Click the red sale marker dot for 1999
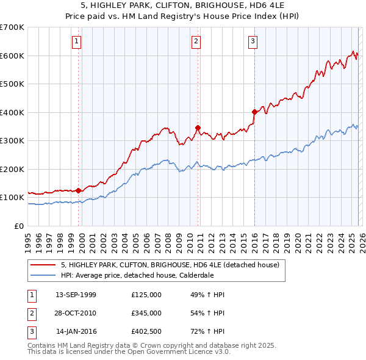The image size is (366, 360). [x=79, y=190]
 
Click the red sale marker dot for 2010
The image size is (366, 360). [x=198, y=128]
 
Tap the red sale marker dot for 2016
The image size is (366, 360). [x=254, y=112]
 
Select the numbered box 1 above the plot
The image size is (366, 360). [x=77, y=41]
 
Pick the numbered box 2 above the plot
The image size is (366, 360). [x=196, y=41]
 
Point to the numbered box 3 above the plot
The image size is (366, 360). [x=253, y=41]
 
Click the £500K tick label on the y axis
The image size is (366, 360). [x=12, y=84]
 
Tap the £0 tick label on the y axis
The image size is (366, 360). [x=18, y=226]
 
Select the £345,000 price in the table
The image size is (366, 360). [x=146, y=313]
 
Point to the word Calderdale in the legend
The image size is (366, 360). [x=195, y=275]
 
